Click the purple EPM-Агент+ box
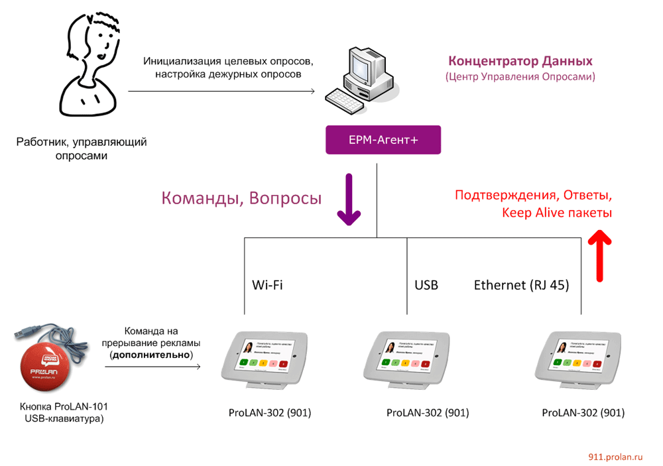coord(383,140)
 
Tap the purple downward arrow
coord(349,198)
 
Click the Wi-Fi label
coord(267,285)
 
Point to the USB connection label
coord(426,285)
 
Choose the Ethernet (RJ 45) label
coord(521,285)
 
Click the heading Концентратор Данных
coord(519,61)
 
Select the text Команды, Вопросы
coord(242,198)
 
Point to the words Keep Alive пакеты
coord(557,213)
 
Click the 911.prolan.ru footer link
coord(616,457)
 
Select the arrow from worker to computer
coord(221,91)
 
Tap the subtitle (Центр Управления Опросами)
coord(520,77)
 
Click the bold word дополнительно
coord(152,355)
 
